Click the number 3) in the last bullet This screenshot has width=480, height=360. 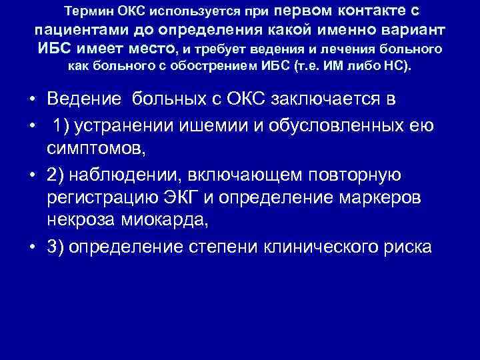click(x=56, y=247)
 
